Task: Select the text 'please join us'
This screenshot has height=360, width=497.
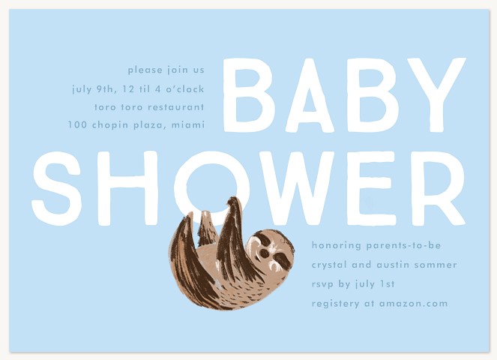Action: pyautogui.click(x=166, y=70)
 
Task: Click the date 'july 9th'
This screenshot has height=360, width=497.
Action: pyautogui.click(x=93, y=88)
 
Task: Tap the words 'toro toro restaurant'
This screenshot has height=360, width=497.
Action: pyautogui.click(x=149, y=106)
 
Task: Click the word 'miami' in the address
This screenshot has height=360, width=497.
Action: pyautogui.click(x=187, y=124)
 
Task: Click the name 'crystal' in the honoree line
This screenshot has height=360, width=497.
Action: pyautogui.click(x=333, y=265)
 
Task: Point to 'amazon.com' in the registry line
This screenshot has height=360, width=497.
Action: pyautogui.click(x=413, y=304)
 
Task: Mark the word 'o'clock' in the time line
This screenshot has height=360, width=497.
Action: pyautogui.click(x=183, y=88)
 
